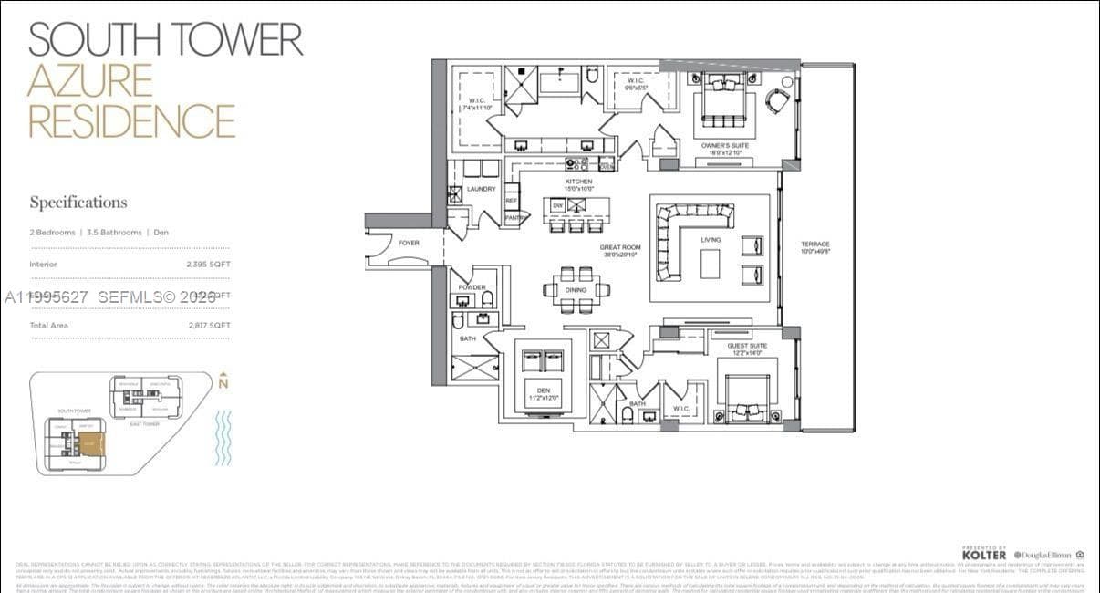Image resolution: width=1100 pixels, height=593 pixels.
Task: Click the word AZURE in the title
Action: pyautogui.click(x=89, y=80)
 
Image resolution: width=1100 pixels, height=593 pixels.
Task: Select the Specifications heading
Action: pyautogui.click(x=78, y=203)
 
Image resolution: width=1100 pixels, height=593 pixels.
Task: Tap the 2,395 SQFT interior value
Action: pyautogui.click(x=208, y=265)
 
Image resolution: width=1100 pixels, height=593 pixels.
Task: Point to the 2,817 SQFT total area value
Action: pyautogui.click(x=208, y=326)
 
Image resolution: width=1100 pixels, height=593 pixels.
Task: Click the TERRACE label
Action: pyautogui.click(x=815, y=244)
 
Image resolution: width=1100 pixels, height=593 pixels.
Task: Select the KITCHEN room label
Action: pyautogui.click(x=578, y=182)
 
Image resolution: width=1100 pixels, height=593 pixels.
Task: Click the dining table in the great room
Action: pyautogui.click(x=576, y=289)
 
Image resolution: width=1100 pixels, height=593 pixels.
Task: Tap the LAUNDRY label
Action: pyautogui.click(x=481, y=189)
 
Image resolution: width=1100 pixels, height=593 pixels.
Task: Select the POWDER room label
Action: pyautogui.click(x=472, y=286)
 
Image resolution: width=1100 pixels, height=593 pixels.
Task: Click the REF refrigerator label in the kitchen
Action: pyautogui.click(x=512, y=200)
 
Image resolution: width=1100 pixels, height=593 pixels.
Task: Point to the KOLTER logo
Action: pyautogui.click(x=984, y=554)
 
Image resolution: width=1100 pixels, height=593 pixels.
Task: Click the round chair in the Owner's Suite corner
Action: pyautogui.click(x=777, y=100)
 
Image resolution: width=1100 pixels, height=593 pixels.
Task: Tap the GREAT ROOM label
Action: pyautogui.click(x=620, y=247)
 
